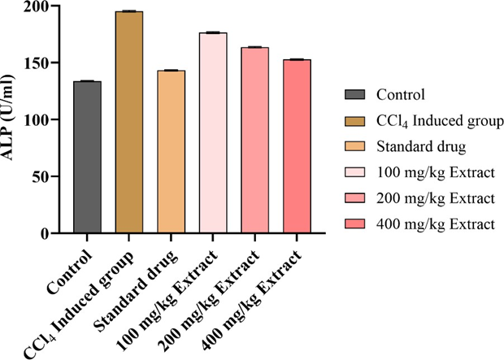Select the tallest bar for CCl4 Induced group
129,122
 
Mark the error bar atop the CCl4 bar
129,11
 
